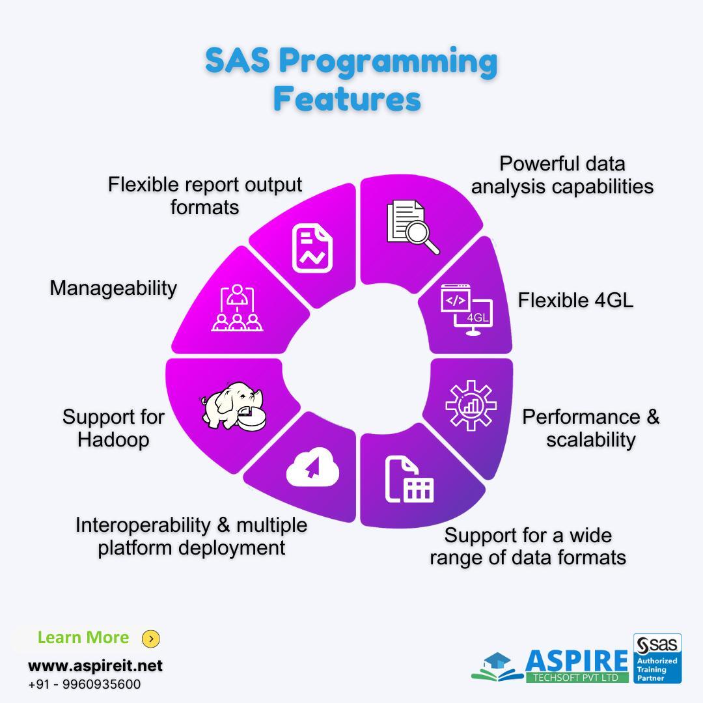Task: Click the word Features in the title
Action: [348, 99]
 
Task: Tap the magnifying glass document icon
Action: [413, 227]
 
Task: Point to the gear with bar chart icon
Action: [471, 406]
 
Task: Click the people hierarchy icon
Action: [237, 308]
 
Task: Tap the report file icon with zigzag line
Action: [312, 248]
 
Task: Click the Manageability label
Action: [113, 288]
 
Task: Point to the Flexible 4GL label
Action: [575, 300]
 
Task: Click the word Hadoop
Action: [113, 439]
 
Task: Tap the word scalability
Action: [591, 439]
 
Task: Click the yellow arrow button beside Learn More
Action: [151, 639]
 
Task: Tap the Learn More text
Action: [83, 637]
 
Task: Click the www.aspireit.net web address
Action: [95, 666]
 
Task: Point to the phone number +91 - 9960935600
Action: [84, 684]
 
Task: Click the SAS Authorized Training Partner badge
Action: [657, 658]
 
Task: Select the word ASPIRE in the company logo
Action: [577, 661]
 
